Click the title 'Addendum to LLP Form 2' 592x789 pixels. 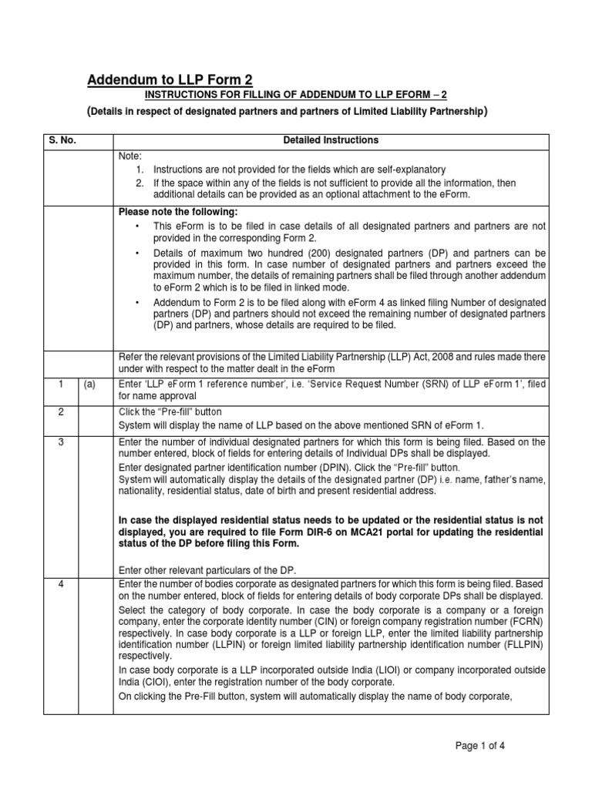click(x=169, y=80)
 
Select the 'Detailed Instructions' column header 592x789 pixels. click(x=331, y=140)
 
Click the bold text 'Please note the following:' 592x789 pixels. click(x=178, y=212)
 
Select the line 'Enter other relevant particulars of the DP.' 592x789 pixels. click(x=206, y=569)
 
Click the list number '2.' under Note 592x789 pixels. click(x=140, y=183)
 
